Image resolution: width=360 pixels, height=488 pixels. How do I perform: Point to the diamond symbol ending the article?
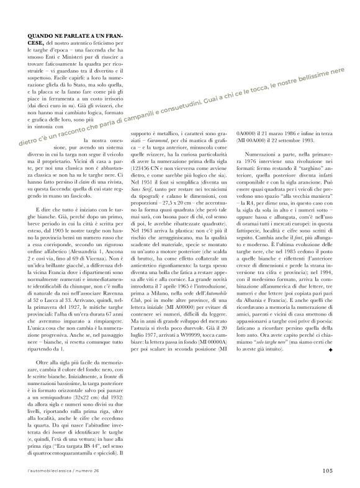[x=331, y=333]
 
